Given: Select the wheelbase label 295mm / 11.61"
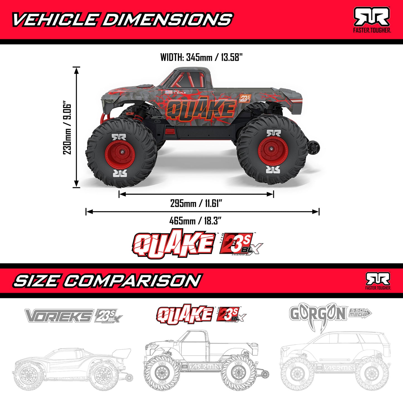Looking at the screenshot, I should (196, 203).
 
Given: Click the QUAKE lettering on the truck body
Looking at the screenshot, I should (201, 109).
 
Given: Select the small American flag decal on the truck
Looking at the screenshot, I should (168, 92).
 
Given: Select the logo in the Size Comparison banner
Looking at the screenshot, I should (378, 281).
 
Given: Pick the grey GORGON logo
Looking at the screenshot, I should (318, 313).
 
